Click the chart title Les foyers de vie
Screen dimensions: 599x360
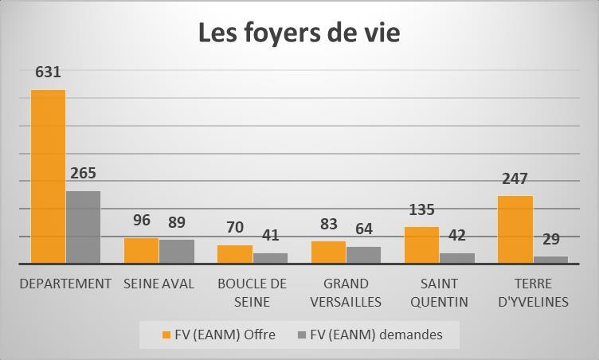(x=299, y=33)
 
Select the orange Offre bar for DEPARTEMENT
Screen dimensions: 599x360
(x=48, y=177)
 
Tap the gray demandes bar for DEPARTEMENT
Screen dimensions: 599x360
(x=84, y=227)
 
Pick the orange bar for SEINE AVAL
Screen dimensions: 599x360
(x=141, y=250)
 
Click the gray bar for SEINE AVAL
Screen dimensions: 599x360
(x=177, y=252)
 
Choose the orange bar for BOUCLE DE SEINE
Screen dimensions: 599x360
(x=235, y=254)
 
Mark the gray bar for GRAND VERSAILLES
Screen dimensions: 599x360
(x=364, y=255)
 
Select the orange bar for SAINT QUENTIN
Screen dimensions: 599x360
(x=421, y=245)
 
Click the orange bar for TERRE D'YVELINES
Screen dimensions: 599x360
(x=515, y=229)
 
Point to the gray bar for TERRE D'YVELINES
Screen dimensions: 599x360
(x=551, y=260)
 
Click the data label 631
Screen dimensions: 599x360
(x=48, y=72)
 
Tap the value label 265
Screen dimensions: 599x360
(x=84, y=173)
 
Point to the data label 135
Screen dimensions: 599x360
(x=421, y=209)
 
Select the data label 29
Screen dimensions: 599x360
(x=551, y=239)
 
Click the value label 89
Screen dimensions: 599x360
(x=177, y=222)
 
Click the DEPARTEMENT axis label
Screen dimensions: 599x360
(x=65, y=284)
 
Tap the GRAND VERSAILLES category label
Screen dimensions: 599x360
(x=346, y=293)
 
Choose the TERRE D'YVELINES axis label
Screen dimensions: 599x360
(x=534, y=293)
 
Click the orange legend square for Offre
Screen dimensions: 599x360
(x=166, y=335)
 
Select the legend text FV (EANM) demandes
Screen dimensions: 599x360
(x=376, y=335)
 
